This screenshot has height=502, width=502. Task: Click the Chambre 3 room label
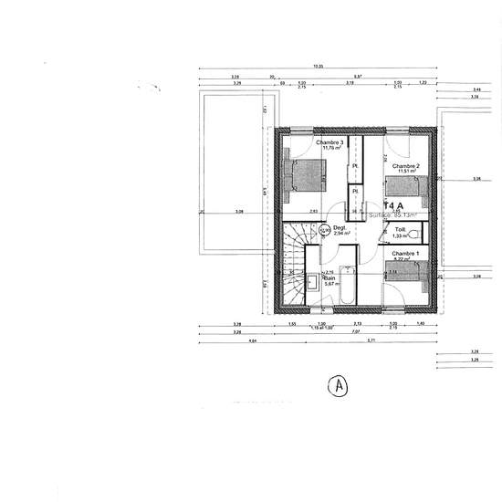click(329, 143)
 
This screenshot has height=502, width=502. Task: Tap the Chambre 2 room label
click(405, 167)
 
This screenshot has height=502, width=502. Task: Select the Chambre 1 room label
click(405, 253)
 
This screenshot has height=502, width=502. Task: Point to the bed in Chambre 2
click(406, 189)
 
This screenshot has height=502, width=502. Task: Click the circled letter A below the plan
click(339, 387)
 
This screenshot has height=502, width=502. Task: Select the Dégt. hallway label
click(340, 227)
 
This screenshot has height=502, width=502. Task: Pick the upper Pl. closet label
click(355, 165)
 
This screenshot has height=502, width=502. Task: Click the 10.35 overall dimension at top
click(318, 67)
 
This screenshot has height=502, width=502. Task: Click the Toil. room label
click(400, 229)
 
